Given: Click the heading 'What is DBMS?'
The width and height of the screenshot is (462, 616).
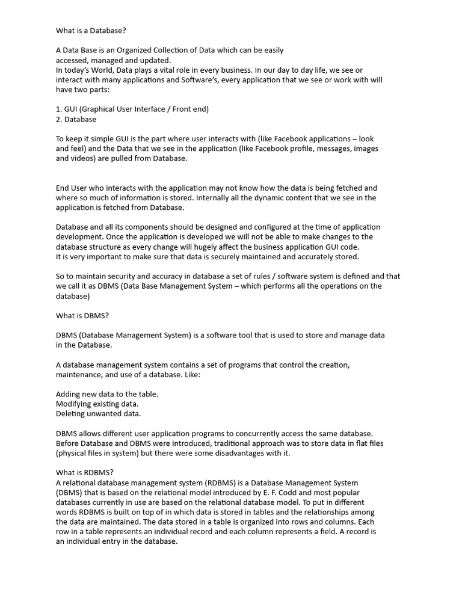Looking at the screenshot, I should (82, 315).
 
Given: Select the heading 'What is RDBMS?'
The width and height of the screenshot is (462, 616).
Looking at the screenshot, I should (85, 472).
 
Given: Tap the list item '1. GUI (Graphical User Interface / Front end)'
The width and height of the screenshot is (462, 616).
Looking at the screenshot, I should (132, 109).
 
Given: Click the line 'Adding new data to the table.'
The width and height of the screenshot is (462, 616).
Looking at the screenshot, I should (107, 393).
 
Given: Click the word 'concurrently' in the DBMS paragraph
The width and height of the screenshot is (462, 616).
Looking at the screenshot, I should (258, 433).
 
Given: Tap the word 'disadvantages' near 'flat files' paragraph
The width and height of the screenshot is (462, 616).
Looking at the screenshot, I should (235, 453).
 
